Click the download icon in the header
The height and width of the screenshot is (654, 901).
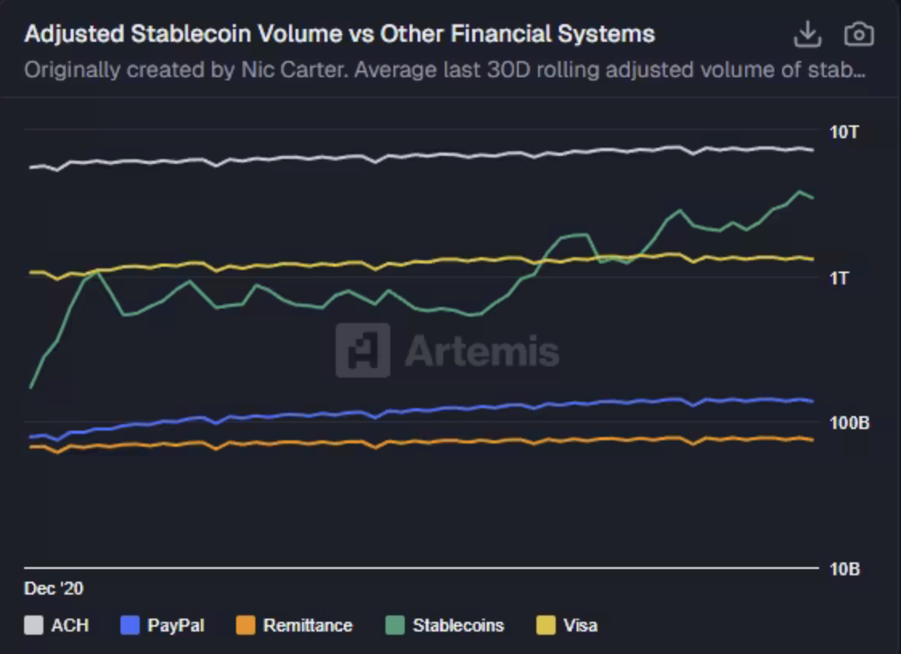click(807, 35)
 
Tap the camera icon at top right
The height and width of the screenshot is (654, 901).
click(858, 35)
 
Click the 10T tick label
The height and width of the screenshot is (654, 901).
click(844, 132)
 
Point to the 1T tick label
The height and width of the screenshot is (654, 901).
click(839, 278)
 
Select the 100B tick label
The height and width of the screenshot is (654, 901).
click(850, 423)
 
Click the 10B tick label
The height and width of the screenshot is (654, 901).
click(844, 569)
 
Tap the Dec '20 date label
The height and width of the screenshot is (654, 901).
click(54, 589)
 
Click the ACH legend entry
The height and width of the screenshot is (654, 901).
click(69, 625)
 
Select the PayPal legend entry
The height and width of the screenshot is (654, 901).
click(175, 625)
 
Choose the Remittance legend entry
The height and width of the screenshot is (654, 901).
click(307, 625)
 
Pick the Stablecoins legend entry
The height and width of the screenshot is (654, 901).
click(458, 625)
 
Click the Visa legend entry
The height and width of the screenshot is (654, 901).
click(580, 625)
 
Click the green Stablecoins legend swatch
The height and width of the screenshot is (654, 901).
click(395, 625)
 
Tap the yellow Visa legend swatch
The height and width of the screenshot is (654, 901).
click(546, 625)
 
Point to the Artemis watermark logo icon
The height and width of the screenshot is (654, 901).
click(363, 350)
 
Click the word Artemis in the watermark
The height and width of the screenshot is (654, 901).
click(482, 351)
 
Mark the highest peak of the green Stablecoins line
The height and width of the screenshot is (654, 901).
click(799, 191)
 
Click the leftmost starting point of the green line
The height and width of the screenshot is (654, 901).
click(31, 387)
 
